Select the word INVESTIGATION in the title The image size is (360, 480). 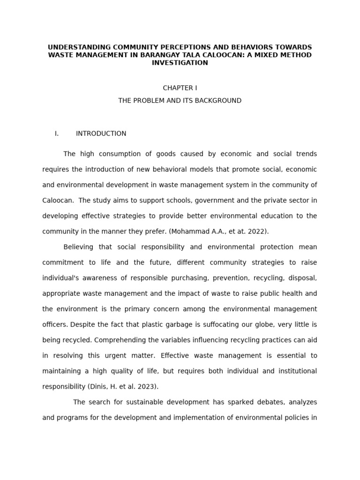180,63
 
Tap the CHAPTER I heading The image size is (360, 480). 180,88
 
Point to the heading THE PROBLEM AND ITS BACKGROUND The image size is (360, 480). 180,101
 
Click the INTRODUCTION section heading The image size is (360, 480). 101,134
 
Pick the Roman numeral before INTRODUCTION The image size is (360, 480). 57,134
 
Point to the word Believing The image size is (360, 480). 78,247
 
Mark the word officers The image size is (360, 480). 55,324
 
